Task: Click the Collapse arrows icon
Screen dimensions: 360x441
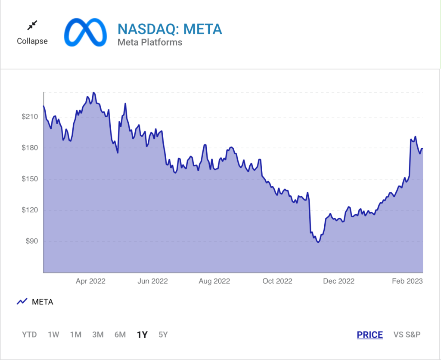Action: pos(32,26)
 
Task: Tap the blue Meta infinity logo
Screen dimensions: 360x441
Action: pos(85,32)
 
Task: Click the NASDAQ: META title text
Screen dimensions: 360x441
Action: pos(170,29)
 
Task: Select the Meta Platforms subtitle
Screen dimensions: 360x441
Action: pos(150,42)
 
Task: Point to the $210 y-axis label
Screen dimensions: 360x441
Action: pos(30,116)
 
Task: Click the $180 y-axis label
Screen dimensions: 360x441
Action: pos(30,148)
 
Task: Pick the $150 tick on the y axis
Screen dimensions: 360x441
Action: pos(30,179)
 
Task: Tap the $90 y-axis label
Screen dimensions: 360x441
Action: pos(31,241)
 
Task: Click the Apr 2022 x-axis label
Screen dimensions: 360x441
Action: pos(90,281)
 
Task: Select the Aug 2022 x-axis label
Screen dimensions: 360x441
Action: pos(214,281)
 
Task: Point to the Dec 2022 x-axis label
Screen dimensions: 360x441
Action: pos(339,281)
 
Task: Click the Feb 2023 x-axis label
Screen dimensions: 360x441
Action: pos(406,281)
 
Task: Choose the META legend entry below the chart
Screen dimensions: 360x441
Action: pos(42,302)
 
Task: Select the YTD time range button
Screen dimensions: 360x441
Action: pos(29,335)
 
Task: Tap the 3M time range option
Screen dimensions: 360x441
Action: pos(98,335)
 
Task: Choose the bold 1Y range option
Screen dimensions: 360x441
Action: pos(142,335)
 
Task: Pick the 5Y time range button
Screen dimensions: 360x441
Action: pos(163,335)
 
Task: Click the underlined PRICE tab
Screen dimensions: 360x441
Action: pos(370,335)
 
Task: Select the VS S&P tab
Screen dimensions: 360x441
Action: pos(407,335)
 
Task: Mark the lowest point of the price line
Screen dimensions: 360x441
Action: pos(318,242)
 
